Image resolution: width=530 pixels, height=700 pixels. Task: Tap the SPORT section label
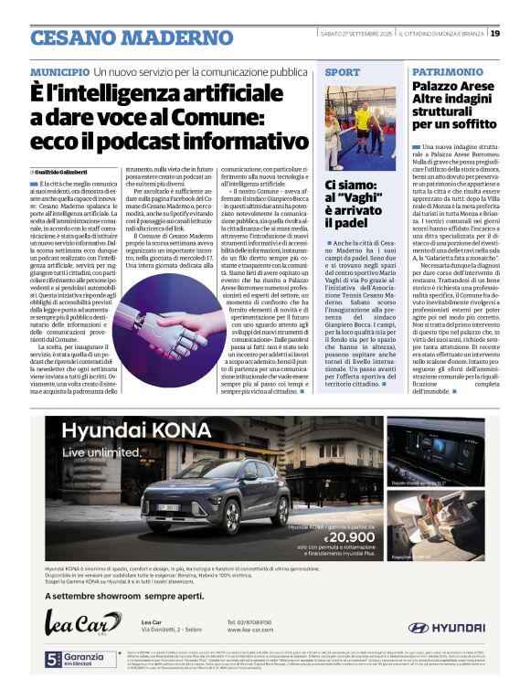tap(343, 71)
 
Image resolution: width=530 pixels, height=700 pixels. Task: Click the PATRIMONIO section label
tap(447, 71)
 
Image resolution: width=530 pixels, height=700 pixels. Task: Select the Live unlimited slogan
tap(98, 453)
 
